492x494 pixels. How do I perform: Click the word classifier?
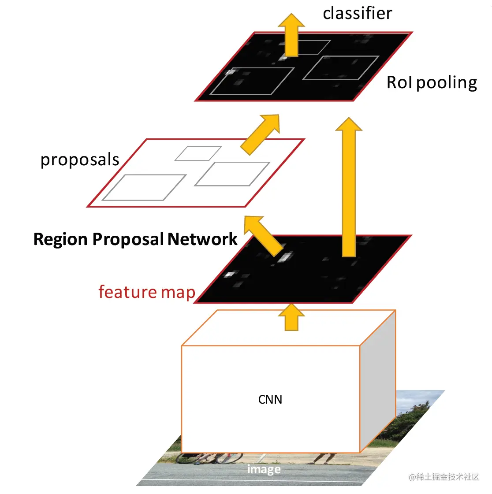tap(357, 13)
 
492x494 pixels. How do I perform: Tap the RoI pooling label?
tap(432, 83)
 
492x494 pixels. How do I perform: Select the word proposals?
tap(80, 160)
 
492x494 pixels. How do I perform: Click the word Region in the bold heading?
tap(60, 239)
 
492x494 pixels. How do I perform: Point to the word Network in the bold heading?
tap(202, 239)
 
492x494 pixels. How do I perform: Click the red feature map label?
tap(146, 292)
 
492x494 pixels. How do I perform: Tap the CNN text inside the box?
tap(270, 400)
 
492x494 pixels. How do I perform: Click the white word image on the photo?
tap(264, 469)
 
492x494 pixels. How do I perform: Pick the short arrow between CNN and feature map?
tap(291, 317)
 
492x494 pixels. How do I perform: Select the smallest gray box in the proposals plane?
tap(198, 153)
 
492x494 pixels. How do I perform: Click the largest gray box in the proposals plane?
tap(144, 187)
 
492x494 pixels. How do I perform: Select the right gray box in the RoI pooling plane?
tap(340, 68)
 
